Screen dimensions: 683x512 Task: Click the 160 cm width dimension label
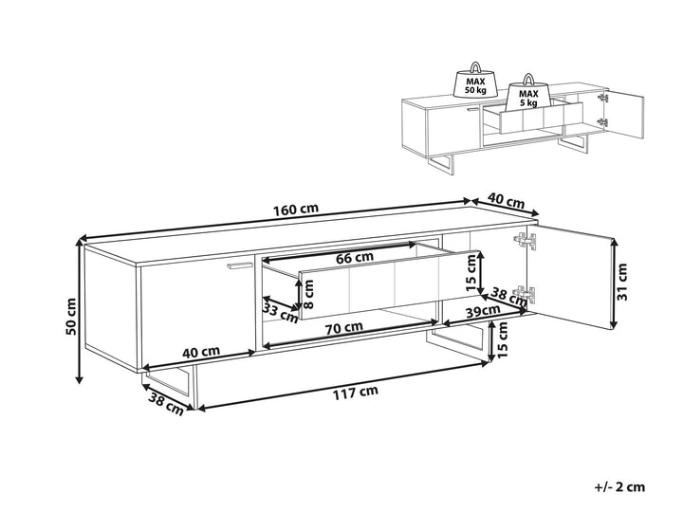tap(296, 210)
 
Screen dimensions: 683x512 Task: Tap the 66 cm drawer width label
tap(355, 257)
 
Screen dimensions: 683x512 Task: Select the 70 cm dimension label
tap(345, 326)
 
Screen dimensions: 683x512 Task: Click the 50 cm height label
tap(70, 317)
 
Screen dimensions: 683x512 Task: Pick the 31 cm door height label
tap(622, 282)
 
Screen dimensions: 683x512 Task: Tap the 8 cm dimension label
tap(308, 294)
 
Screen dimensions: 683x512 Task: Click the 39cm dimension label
tap(483, 311)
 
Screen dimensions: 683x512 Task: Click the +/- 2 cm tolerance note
tap(618, 486)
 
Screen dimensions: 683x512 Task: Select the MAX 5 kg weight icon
tap(528, 94)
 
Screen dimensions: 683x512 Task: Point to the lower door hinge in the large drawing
tap(525, 293)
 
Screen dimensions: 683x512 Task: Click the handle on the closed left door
tap(239, 265)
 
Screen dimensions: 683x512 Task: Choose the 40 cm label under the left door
tap(201, 352)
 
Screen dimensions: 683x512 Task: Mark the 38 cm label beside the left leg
tap(165, 404)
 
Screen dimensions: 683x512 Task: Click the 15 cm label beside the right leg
tap(502, 340)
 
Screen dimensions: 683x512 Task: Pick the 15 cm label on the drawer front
tap(471, 273)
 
